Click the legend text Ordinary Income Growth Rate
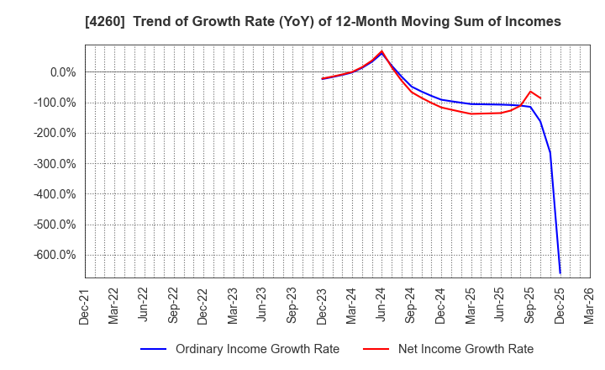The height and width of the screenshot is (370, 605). (x=257, y=349)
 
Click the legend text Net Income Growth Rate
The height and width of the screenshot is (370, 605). (x=465, y=349)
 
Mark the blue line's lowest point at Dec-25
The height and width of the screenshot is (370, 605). (x=560, y=273)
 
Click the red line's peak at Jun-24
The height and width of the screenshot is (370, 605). (x=382, y=50)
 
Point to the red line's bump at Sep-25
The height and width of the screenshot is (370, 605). (x=530, y=92)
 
